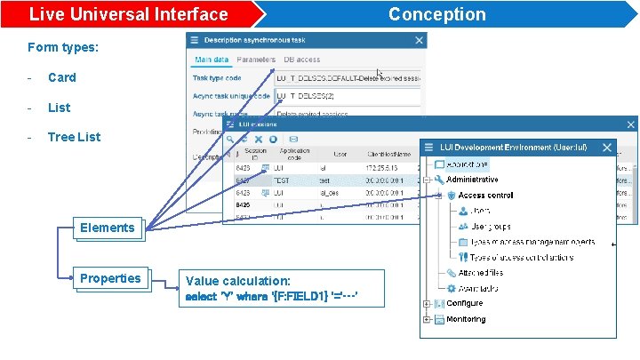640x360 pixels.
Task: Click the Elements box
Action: (107, 228)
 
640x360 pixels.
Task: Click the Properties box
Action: (109, 278)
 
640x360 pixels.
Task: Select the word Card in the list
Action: (62, 77)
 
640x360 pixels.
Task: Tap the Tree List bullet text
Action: (74, 137)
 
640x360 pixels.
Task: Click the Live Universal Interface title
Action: (128, 14)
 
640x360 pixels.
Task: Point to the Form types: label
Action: (63, 47)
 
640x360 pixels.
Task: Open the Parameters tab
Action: (256, 60)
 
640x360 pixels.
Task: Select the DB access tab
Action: (302, 60)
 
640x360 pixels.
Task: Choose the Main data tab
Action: (212, 60)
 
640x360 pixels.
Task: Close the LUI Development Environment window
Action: (606, 147)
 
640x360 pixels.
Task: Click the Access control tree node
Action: (485, 195)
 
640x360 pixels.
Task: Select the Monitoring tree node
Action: (466, 318)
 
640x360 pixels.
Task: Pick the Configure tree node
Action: (464, 303)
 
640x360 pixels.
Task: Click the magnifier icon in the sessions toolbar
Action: (230, 139)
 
